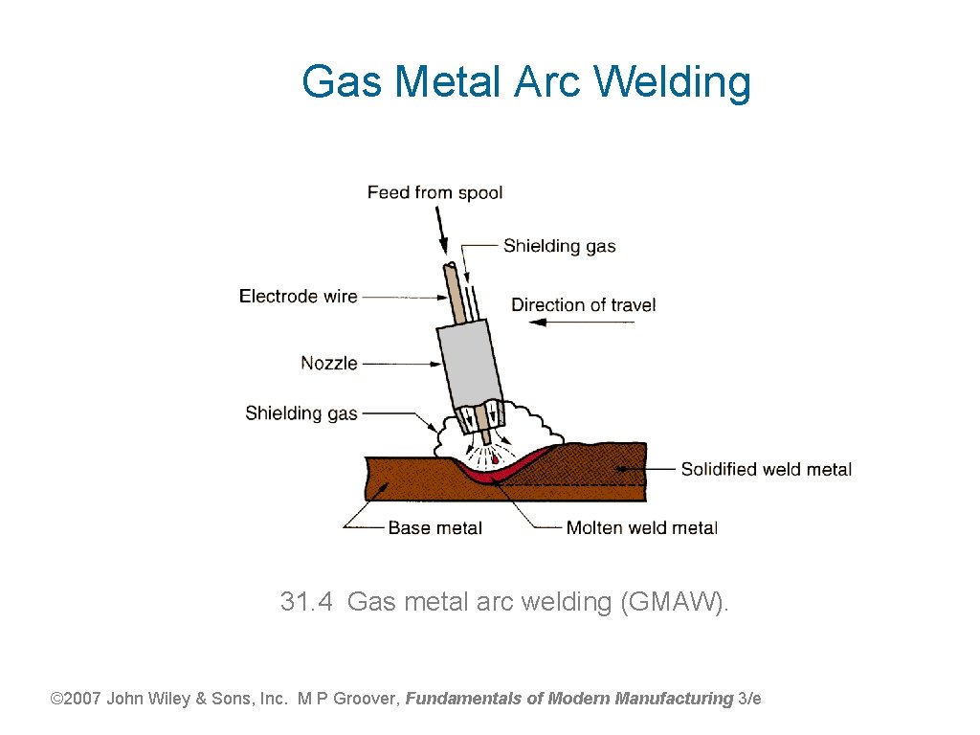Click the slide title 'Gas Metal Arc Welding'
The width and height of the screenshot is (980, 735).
pyautogui.click(x=525, y=82)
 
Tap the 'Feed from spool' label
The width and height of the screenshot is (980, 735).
pyautogui.click(x=434, y=192)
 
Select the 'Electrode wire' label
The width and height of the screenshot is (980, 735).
pyautogui.click(x=298, y=297)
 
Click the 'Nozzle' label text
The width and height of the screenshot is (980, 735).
pyautogui.click(x=329, y=363)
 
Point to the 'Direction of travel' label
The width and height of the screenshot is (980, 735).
pyautogui.click(x=583, y=305)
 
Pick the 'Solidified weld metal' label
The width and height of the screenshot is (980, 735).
pyautogui.click(x=766, y=469)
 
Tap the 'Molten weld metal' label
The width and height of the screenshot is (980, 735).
pyautogui.click(x=641, y=527)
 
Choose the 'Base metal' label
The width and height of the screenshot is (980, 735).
pyautogui.click(x=434, y=527)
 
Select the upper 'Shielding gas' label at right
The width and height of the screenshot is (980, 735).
pyautogui.click(x=559, y=246)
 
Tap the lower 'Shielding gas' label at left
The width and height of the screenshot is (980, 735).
pyautogui.click(x=301, y=413)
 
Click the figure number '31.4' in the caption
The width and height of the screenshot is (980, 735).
pyautogui.click(x=306, y=602)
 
